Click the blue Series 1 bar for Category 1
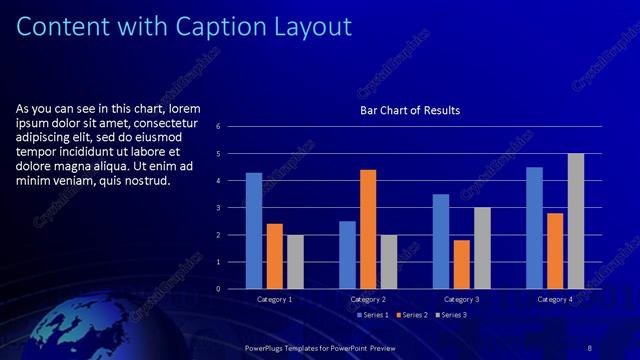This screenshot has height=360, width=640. pyautogui.click(x=254, y=231)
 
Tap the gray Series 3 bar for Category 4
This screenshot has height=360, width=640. pyautogui.click(x=576, y=221)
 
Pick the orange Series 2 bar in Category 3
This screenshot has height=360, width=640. pyautogui.click(x=461, y=264)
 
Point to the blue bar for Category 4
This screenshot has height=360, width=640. pyautogui.click(x=535, y=228)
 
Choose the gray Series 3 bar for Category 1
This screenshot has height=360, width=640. pyautogui.click(x=294, y=262)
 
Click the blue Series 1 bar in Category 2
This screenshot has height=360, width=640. pyautogui.click(x=347, y=255)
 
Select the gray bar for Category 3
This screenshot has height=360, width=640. pyautogui.click(x=482, y=248)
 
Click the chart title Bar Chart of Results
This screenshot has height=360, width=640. pyautogui.click(x=410, y=110)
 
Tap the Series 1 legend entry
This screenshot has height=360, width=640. pyautogui.click(x=375, y=316)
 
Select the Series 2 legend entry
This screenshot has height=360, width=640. pyautogui.click(x=413, y=316)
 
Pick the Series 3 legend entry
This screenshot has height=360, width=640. pyautogui.click(x=451, y=316)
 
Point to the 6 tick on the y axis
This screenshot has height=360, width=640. pyautogui.click(x=231, y=127)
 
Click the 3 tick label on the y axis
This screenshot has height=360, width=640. pyautogui.click(x=231, y=208)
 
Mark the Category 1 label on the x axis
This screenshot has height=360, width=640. pyautogui.click(x=275, y=299)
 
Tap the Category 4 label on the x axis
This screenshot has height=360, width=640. pyautogui.click(x=555, y=299)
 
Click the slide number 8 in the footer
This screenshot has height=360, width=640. pyautogui.click(x=590, y=347)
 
